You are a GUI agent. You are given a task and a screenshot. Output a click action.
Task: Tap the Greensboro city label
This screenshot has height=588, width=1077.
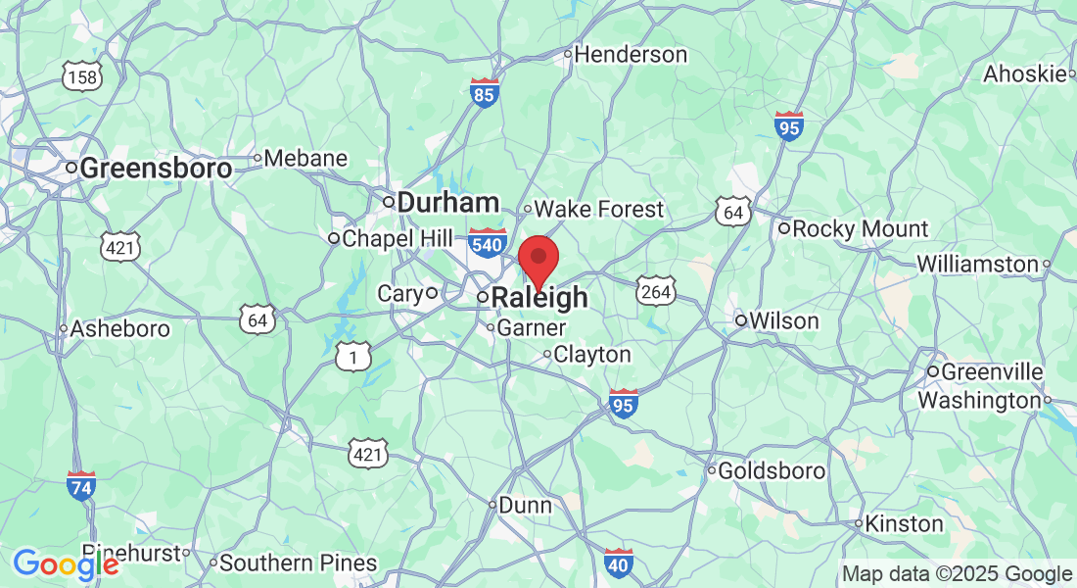[155, 169]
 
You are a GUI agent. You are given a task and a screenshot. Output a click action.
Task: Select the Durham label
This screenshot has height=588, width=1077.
[448, 203]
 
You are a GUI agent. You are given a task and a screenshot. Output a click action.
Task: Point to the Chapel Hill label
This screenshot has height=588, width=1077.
[397, 238]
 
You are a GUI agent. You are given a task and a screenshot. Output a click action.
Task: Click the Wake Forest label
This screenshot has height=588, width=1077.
[598, 209]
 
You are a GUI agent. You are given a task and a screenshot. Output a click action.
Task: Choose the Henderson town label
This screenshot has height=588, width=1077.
[630, 55]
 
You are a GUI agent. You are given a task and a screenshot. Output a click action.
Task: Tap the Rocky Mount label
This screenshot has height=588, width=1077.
[860, 229]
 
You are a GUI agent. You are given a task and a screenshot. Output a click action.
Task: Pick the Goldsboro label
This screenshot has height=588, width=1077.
[772, 471]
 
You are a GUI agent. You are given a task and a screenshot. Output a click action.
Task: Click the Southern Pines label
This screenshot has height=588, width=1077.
[298, 563]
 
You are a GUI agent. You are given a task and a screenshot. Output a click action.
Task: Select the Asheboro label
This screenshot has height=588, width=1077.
[119, 329]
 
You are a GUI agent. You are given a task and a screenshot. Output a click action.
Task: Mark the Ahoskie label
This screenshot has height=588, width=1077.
[1023, 74]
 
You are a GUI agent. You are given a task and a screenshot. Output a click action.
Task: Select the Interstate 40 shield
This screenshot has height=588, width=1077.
[618, 563]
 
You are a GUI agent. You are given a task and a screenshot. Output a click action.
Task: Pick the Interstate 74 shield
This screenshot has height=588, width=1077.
[81, 485]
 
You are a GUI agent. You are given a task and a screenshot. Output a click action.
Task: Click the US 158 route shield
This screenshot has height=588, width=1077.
[79, 75]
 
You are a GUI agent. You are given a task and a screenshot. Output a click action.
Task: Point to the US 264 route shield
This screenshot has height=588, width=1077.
[654, 290]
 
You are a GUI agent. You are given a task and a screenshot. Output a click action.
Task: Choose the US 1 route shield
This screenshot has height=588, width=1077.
[353, 357]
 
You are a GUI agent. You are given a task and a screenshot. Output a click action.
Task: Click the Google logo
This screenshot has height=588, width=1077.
[66, 564]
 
